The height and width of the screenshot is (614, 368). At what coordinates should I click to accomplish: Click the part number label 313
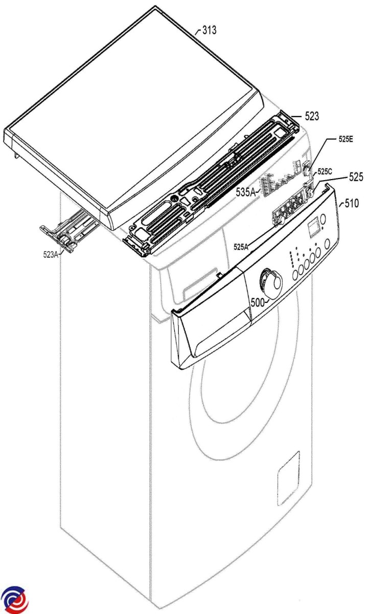(210, 30)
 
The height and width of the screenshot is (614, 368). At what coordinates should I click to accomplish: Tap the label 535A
(245, 193)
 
